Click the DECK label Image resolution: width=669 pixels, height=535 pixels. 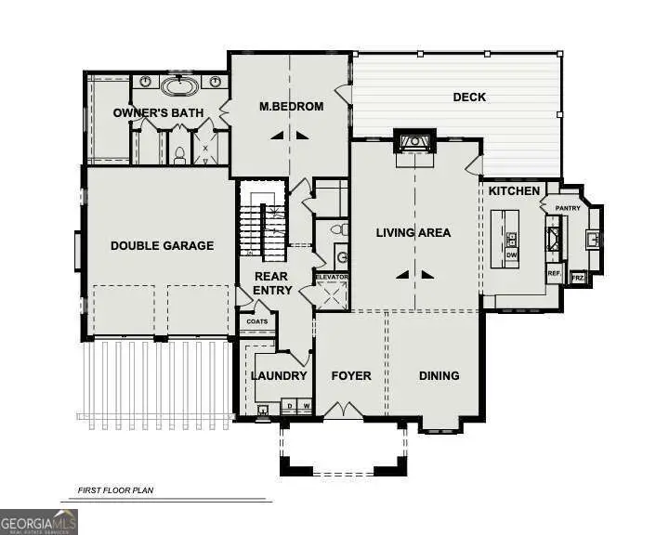coord(469,98)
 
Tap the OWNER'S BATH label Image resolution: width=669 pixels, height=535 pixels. coord(158,113)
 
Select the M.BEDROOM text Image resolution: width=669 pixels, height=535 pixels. coord(291,107)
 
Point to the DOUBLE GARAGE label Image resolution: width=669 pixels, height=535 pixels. coord(162,246)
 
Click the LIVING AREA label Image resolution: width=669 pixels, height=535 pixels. coord(413,232)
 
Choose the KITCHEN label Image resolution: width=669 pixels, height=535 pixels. coord(515,191)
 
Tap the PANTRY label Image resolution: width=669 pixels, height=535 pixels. coord(568,208)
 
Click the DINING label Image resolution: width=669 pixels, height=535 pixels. coord(439,376)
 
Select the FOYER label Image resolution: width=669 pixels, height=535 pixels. coord(350,376)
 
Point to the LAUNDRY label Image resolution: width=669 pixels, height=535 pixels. coord(279,376)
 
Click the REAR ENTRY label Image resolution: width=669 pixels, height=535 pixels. coord(272,283)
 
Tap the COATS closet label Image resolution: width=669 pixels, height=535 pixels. coord(257,321)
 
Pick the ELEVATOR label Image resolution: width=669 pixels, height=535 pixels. coord(331,278)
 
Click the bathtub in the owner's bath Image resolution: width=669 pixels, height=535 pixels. coord(178,87)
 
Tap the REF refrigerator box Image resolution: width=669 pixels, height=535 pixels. coord(554,273)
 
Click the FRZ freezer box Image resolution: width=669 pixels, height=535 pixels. coord(577,278)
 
